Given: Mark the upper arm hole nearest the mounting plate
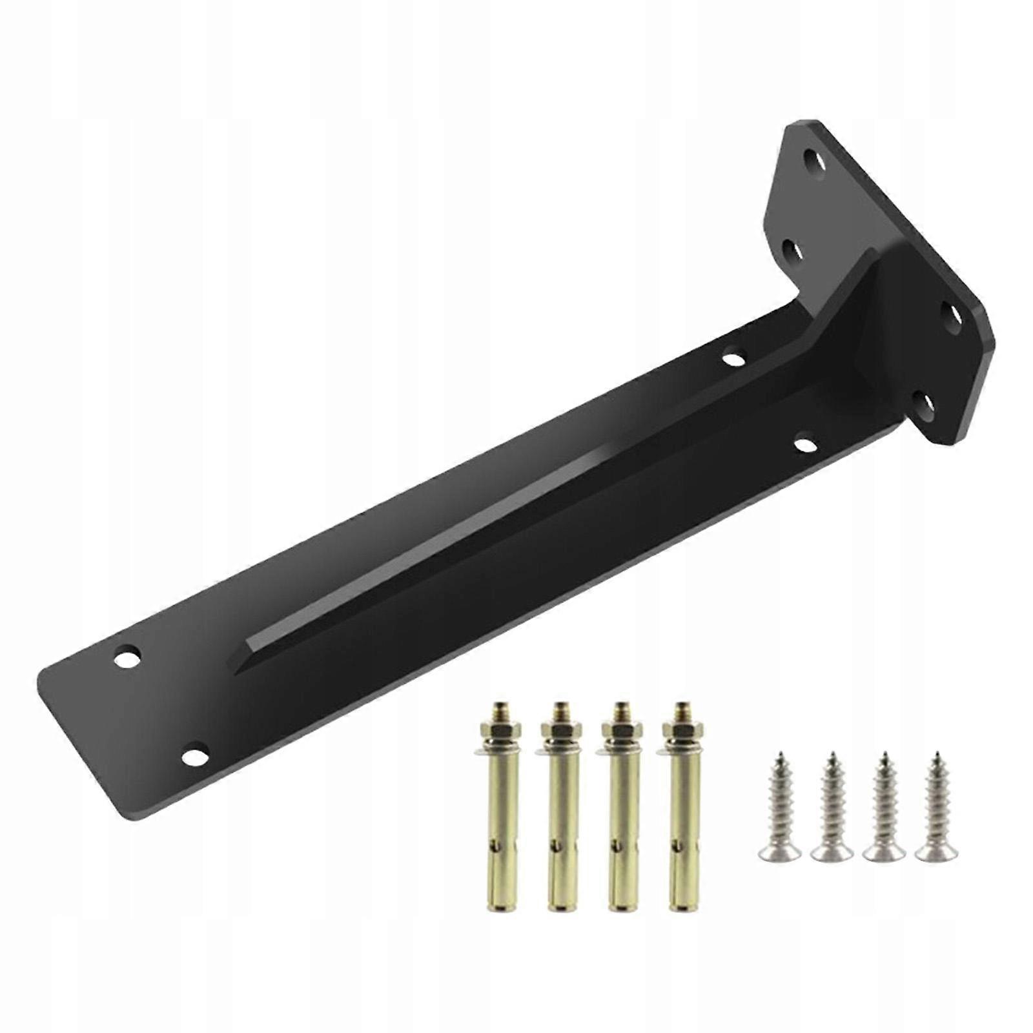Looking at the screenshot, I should [733, 355].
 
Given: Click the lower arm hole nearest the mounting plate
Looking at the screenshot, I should [804, 444].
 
